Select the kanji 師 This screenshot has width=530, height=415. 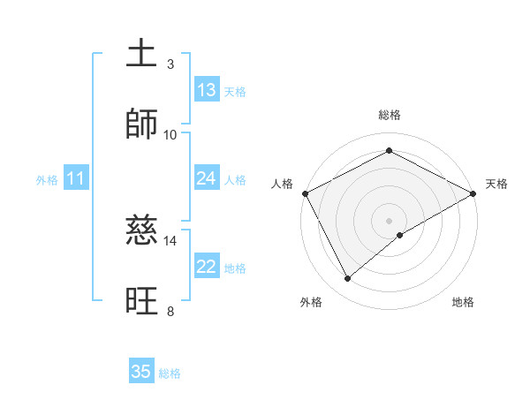pos(142,124)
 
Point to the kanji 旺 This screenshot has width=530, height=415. pos(142,301)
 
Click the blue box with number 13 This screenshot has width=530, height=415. pos(207,90)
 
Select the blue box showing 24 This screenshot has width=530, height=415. pos(207,178)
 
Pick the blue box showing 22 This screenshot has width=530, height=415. pos(207,267)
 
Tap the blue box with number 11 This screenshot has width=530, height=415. pos(76,178)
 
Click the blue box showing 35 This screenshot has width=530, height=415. pos(141,372)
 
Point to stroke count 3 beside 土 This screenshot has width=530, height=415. pos(170,64)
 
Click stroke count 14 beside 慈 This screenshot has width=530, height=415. pos(170,240)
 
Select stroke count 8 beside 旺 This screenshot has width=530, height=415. pos(170,311)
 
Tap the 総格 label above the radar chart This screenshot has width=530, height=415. pos(390,116)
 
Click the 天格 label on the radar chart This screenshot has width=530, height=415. pos(496,184)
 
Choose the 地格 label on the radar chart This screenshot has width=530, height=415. pos(463,303)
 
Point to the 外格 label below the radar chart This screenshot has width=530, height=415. pos(311,303)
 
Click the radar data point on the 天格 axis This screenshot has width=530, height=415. pos(473,193)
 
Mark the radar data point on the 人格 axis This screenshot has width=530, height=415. pos(305,193)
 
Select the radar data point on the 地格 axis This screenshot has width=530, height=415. pos(400,235)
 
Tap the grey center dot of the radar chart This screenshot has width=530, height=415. pos(390,220)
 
